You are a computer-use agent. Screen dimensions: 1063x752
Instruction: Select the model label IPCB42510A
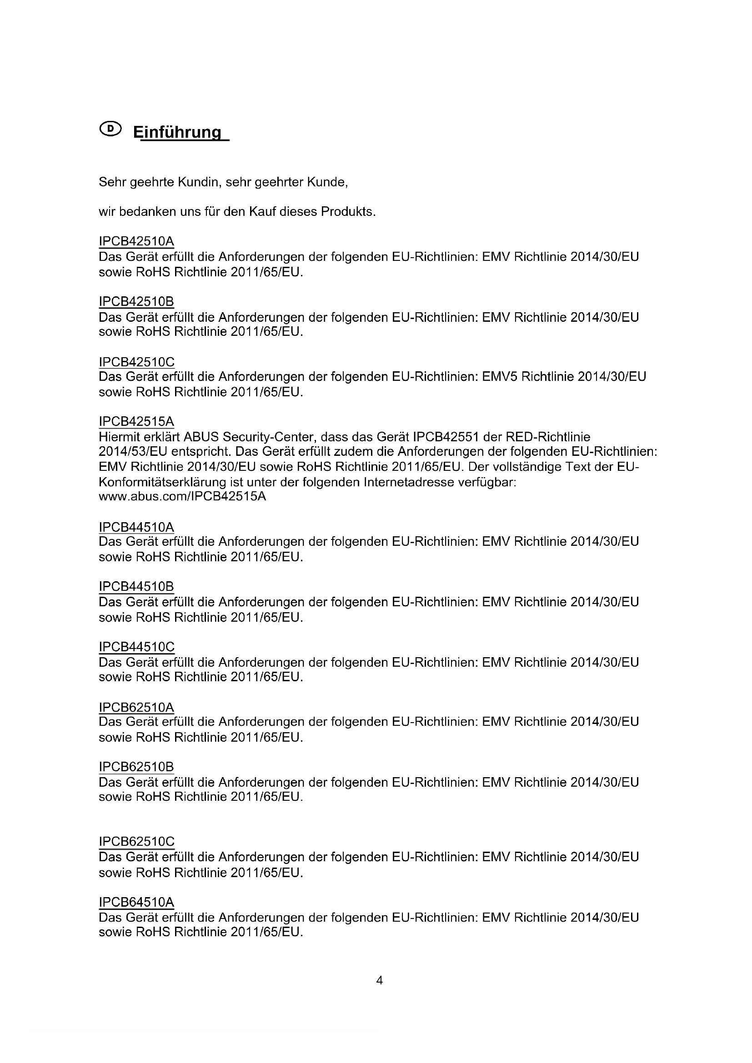coord(136,241)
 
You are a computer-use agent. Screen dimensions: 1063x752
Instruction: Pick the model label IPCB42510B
coord(136,302)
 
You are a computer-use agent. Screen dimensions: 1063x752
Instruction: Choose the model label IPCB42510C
coord(136,362)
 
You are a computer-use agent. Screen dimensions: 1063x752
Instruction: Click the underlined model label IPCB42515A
coord(136,422)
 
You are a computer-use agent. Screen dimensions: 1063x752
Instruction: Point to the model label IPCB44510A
coord(136,527)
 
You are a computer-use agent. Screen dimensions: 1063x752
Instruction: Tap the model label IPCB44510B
coord(136,587)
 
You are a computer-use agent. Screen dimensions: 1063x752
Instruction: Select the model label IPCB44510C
coord(136,647)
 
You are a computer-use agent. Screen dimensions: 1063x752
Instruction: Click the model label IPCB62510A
coord(136,707)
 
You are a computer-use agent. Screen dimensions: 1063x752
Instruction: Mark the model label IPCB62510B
coord(136,767)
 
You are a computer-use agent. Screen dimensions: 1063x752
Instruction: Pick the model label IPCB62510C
coord(136,841)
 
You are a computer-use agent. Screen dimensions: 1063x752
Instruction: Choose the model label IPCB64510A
coord(136,902)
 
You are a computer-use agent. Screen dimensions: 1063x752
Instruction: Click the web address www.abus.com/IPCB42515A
coord(182,497)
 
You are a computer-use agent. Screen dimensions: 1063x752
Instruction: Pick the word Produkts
coord(348,212)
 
